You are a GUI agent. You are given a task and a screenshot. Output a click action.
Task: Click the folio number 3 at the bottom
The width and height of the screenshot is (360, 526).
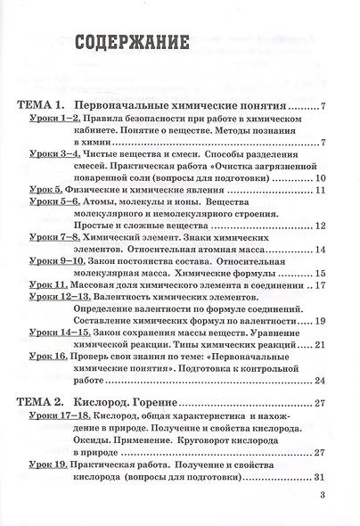(332, 501)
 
